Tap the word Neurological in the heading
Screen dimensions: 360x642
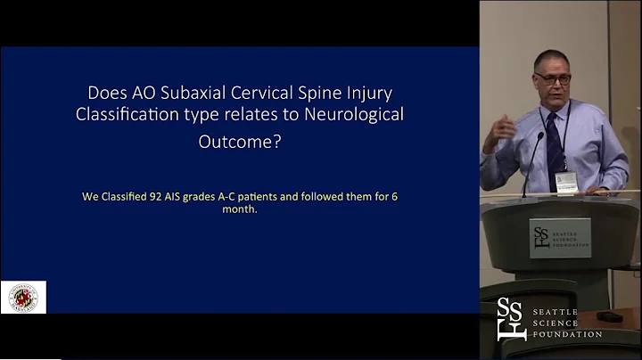[x=358, y=115]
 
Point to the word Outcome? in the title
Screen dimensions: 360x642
[x=239, y=140]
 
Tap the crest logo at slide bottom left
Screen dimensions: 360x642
[x=23, y=297]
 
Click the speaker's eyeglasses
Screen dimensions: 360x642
[x=553, y=79]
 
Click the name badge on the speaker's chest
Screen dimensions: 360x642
[x=565, y=181]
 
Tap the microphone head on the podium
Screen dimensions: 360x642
[x=539, y=137]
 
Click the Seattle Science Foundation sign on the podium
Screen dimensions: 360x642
[x=559, y=238]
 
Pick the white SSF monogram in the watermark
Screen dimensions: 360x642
[x=511, y=318]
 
